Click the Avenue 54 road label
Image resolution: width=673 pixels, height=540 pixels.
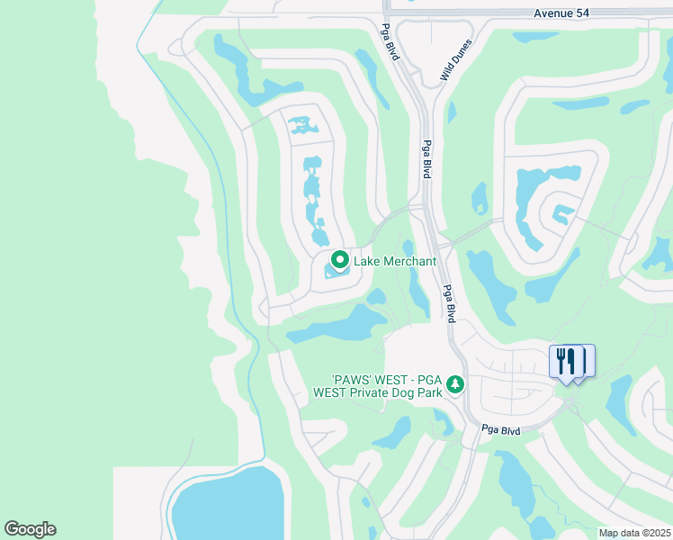coord(564,13)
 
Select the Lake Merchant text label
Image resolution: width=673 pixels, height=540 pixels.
coord(394,262)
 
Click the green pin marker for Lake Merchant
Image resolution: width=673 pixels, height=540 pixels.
coord(340,260)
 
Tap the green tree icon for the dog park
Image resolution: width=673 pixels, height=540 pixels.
coord(455,384)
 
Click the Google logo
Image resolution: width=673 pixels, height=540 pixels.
coord(30,529)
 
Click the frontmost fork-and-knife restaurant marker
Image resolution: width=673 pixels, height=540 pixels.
coord(564,362)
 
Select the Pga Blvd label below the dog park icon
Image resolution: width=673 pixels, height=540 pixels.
coord(500,429)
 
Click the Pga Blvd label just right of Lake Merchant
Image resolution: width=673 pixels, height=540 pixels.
coord(447,303)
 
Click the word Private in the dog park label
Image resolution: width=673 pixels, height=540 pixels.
coord(381,392)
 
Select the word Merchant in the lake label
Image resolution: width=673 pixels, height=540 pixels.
coord(407,262)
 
